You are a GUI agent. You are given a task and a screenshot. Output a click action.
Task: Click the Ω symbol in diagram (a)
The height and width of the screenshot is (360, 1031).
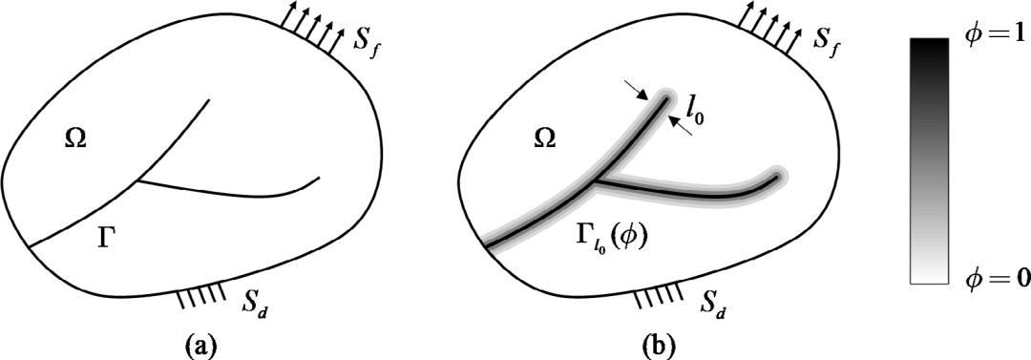click(76, 138)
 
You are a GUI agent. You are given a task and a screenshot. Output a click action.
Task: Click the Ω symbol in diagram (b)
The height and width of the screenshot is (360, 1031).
click(543, 138)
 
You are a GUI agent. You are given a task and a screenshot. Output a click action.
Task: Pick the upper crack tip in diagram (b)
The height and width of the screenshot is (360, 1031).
click(668, 98)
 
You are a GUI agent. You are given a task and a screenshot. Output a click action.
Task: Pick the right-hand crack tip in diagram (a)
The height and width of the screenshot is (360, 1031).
click(320, 177)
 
